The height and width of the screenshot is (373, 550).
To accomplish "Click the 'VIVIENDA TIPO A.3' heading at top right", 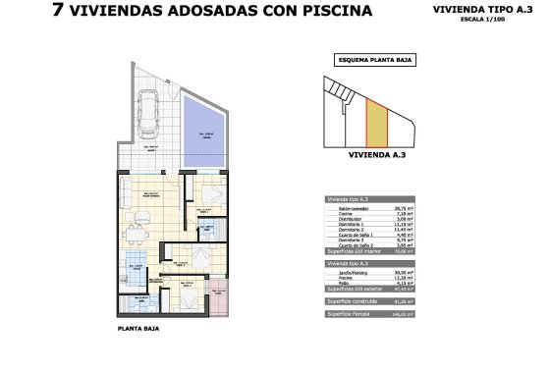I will coord(476,9).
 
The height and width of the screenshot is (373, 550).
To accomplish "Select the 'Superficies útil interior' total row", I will coord(357,251).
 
